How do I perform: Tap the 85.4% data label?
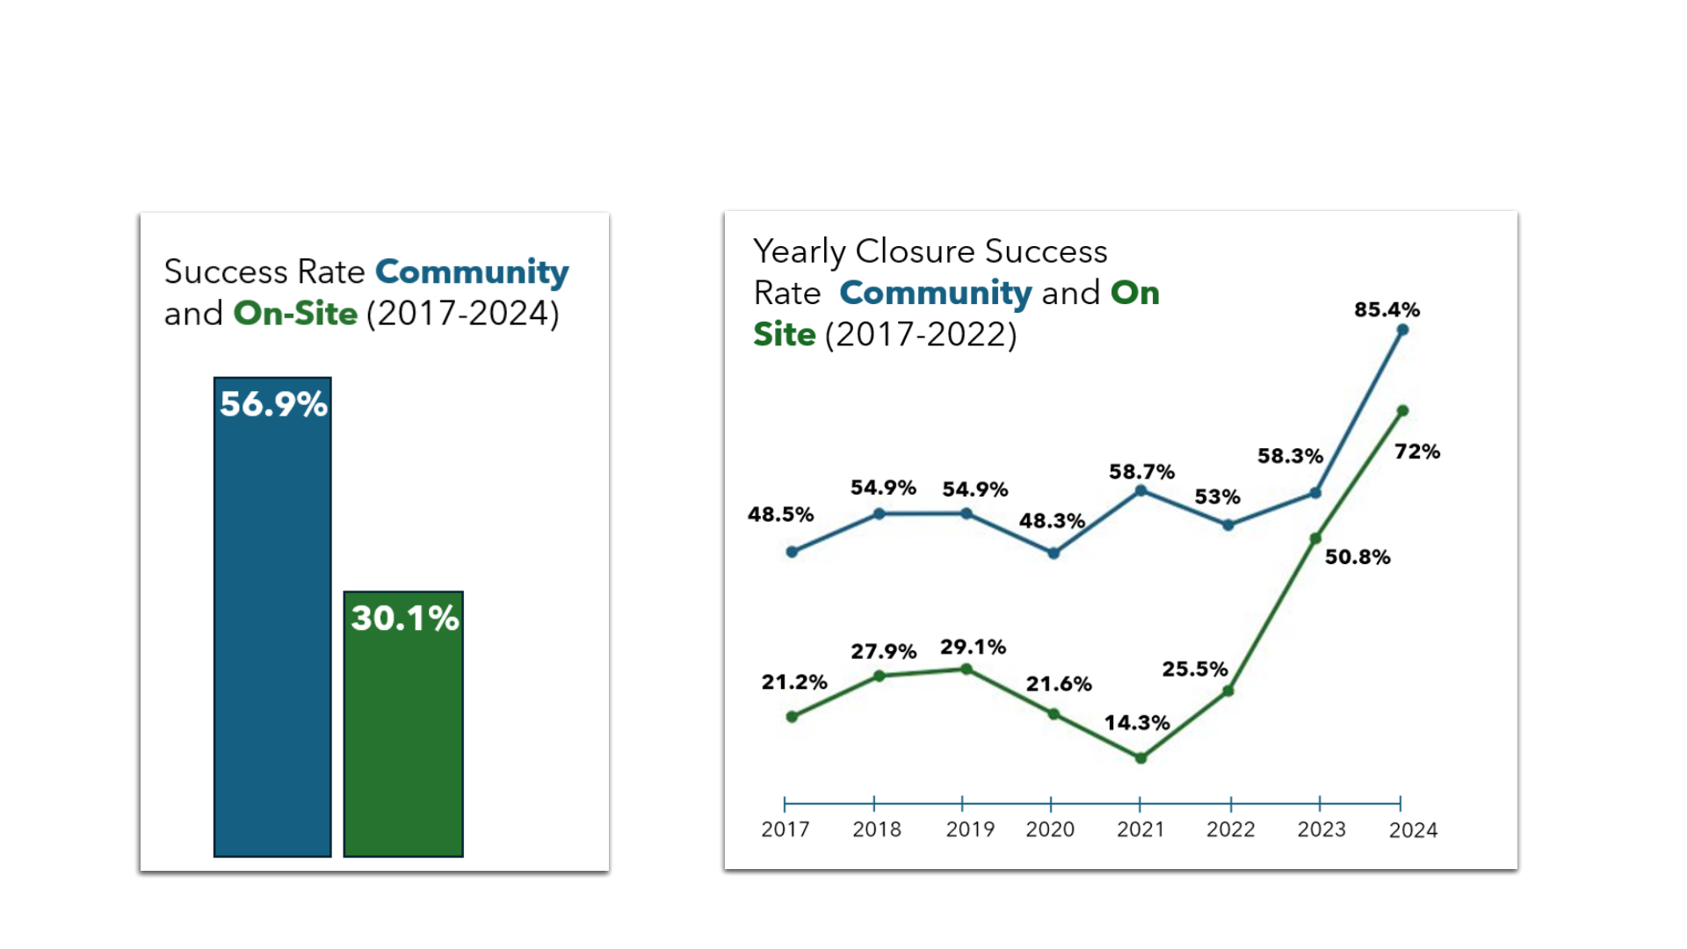coord(1387,309)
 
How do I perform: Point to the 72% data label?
coord(1417,452)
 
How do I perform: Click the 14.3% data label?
coord(1137,722)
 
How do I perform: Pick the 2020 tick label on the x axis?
coord(1050,829)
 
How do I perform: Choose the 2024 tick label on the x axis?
coord(1413,830)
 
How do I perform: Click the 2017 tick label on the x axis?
coord(785,829)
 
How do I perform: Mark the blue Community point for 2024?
coord(1402,330)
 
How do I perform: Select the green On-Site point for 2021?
coord(1140,758)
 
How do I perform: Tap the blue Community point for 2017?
coord(792,552)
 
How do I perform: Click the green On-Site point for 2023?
coord(1315,539)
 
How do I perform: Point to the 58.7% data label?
coord(1141,472)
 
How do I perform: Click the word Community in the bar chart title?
coord(472,272)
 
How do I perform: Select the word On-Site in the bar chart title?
coord(295,314)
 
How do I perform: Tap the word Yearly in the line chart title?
coord(799,252)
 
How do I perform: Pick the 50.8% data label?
coord(1358,557)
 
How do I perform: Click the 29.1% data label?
coord(973,648)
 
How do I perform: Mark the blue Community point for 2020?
coord(1053,553)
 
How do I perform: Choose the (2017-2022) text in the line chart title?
coord(921,335)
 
